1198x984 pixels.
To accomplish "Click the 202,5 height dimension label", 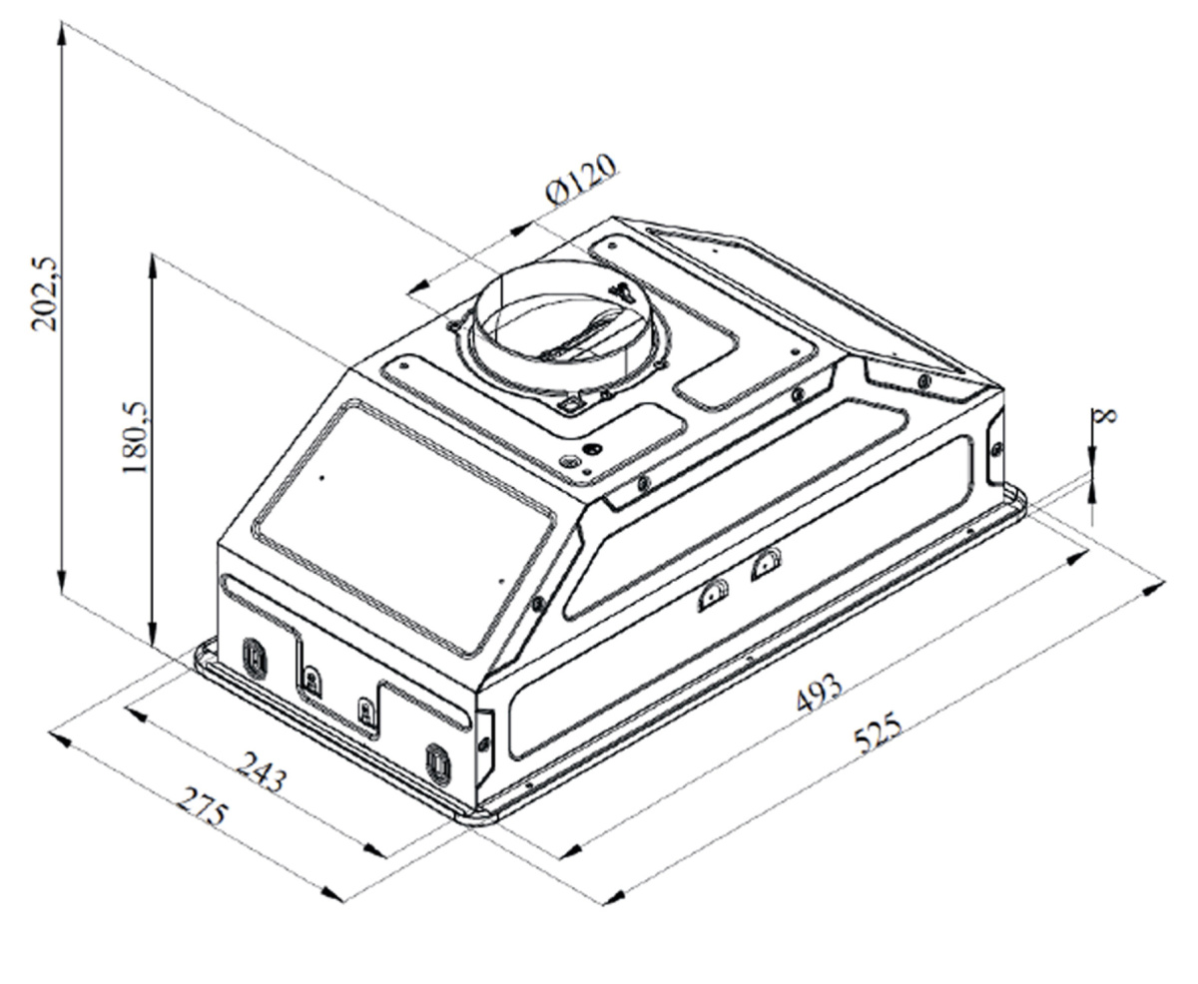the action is [45, 293].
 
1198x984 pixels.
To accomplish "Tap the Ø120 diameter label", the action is [581, 179].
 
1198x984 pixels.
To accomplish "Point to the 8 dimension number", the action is [1106, 415].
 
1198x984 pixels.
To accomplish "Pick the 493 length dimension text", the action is [819, 693].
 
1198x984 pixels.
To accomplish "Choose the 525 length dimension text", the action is [879, 733].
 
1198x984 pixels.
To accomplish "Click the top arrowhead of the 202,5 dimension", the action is [62, 34].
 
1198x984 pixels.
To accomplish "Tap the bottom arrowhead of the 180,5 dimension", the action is [152, 635].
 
